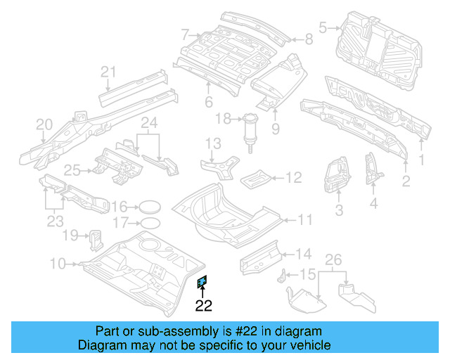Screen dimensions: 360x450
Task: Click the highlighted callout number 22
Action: (x=203, y=306)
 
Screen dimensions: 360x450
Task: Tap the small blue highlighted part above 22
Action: (x=202, y=283)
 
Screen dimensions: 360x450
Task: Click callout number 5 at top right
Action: (x=323, y=28)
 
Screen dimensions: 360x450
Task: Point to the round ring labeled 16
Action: (x=148, y=207)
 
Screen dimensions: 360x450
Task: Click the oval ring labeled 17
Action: (x=148, y=224)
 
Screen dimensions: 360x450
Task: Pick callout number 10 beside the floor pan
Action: (x=58, y=264)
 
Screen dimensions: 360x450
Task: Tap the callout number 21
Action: (x=107, y=71)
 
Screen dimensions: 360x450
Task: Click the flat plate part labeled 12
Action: (x=256, y=178)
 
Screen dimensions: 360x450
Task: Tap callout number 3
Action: (x=338, y=209)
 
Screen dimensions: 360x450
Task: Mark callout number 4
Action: (x=373, y=204)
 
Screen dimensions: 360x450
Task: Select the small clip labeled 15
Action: (x=285, y=276)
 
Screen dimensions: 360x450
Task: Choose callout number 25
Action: (x=72, y=169)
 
